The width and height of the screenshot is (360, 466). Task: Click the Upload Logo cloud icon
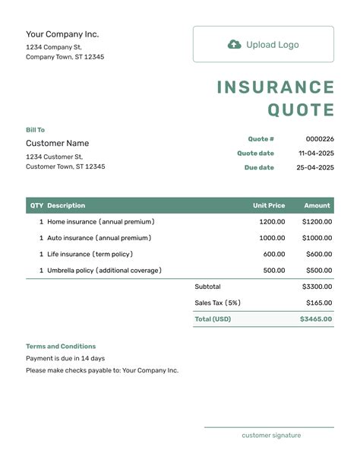pyautogui.click(x=235, y=44)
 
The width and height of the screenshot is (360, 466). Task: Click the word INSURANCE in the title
pyautogui.click(x=276, y=87)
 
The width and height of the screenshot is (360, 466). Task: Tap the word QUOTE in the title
pyautogui.click(x=301, y=110)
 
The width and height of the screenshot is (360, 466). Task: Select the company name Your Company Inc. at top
pyautogui.click(x=62, y=34)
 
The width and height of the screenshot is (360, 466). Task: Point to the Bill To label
pyautogui.click(x=35, y=130)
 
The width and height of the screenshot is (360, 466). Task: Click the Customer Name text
pyautogui.click(x=57, y=143)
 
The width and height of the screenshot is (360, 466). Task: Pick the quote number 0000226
pyautogui.click(x=320, y=139)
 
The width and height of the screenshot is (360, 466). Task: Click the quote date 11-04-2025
pyautogui.click(x=316, y=153)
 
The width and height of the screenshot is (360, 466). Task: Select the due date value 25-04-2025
pyautogui.click(x=315, y=167)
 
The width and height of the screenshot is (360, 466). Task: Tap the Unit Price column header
pyautogui.click(x=269, y=205)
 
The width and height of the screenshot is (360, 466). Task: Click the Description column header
pyautogui.click(x=66, y=205)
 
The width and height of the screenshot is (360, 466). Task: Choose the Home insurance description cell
pyautogui.click(x=100, y=222)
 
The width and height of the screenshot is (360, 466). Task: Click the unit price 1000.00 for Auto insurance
pyautogui.click(x=272, y=238)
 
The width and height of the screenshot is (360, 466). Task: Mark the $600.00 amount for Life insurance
pyautogui.click(x=318, y=254)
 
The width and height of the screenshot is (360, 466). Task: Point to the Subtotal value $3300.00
pyautogui.click(x=317, y=287)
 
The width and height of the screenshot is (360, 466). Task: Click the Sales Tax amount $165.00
pyautogui.click(x=319, y=303)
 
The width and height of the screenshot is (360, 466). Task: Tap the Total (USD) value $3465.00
pyautogui.click(x=316, y=319)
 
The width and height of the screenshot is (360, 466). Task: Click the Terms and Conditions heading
pyautogui.click(x=61, y=346)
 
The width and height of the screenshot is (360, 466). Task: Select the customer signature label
pyautogui.click(x=271, y=436)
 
